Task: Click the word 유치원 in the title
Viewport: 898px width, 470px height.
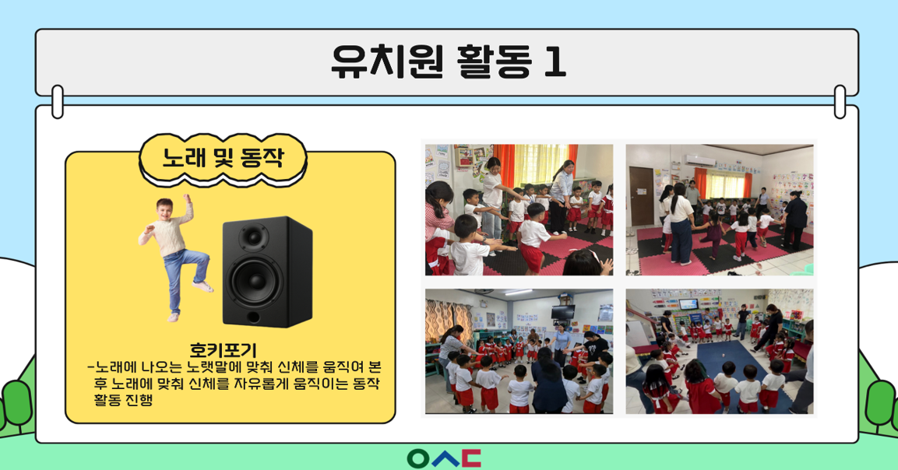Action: click(387, 61)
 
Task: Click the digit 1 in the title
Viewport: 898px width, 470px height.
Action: click(555, 61)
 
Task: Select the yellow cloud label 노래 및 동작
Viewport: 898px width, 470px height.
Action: click(223, 159)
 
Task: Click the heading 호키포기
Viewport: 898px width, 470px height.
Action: click(223, 350)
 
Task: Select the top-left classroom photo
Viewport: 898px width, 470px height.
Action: click(519, 209)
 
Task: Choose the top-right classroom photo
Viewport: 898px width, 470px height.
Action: click(720, 209)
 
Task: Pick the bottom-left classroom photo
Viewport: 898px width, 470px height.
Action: click(519, 351)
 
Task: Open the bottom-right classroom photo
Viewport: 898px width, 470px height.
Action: click(720, 351)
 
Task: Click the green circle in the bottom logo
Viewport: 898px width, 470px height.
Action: click(418, 458)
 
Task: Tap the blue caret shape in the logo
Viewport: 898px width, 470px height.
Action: click(445, 458)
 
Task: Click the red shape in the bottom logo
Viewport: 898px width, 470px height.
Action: click(471, 458)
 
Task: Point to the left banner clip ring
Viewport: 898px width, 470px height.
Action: click(58, 102)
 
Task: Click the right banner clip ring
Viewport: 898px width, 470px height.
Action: click(840, 102)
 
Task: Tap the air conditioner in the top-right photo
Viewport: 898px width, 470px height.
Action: click(700, 161)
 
